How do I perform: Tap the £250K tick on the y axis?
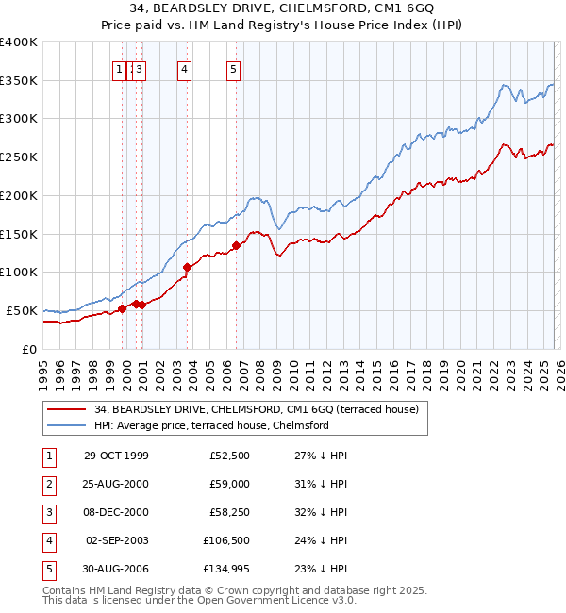[19, 157]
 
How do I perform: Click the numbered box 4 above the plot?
[184, 69]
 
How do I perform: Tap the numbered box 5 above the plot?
[233, 69]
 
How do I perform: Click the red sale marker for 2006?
[236, 246]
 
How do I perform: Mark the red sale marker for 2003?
[187, 268]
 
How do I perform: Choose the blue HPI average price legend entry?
[211, 425]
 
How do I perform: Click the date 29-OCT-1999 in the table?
[116, 456]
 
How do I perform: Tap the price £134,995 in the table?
[226, 569]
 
